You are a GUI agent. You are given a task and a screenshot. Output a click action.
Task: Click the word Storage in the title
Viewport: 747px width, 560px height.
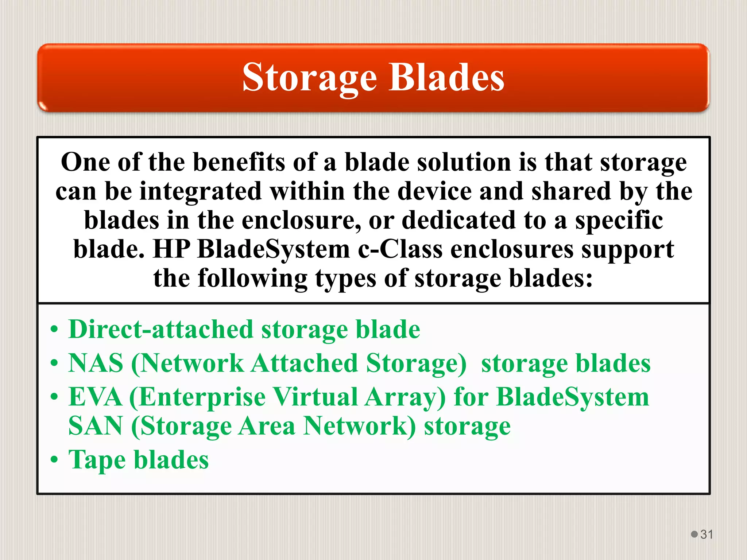[309, 77]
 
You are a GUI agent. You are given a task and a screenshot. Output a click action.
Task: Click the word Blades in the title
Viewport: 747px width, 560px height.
[446, 77]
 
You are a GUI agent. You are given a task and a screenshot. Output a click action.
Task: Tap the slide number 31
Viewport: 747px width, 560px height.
[707, 534]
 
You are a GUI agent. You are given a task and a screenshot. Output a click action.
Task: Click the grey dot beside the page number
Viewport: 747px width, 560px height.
[694, 534]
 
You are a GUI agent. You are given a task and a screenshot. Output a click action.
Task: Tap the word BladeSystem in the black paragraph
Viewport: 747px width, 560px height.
[274, 250]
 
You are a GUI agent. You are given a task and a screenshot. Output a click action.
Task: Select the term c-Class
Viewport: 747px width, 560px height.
[400, 250]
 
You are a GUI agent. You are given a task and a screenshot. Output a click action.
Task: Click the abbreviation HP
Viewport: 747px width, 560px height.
[171, 250]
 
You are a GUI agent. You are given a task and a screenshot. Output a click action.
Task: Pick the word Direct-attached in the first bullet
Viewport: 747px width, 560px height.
[160, 329]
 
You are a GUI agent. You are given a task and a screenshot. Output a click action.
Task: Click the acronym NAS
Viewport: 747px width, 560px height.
[96, 363]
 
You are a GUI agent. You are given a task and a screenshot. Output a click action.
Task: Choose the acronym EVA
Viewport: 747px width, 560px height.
[96, 397]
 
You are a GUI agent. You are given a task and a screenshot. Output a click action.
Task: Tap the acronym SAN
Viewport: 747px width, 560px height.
[96, 426]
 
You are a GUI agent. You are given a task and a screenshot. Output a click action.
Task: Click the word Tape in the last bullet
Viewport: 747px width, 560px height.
[97, 460]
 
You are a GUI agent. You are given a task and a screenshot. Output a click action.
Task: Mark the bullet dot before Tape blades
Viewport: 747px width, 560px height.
[54, 460]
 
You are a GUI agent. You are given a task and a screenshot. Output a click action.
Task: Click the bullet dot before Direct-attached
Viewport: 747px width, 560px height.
[54, 329]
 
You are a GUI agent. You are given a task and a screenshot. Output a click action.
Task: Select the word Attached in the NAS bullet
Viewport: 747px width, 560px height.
[305, 363]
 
